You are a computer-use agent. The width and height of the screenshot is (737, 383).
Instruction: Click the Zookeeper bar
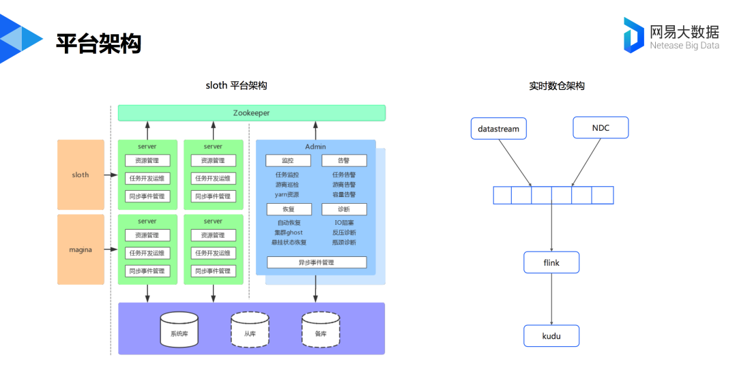[x=251, y=113]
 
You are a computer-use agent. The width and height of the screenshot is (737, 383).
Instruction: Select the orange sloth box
[x=81, y=174]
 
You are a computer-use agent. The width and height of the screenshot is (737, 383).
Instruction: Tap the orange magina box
[x=81, y=249]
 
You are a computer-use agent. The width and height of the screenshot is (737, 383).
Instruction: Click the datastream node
[x=499, y=129]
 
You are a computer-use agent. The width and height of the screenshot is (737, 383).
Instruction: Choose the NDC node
[x=601, y=127]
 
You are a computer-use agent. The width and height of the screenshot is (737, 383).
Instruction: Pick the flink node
[x=551, y=262]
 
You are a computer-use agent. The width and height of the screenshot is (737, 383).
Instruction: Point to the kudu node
[x=551, y=336]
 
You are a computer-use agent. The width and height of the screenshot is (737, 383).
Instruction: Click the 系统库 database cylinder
[x=179, y=329]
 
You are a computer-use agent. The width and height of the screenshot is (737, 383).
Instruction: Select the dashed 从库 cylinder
[x=250, y=329]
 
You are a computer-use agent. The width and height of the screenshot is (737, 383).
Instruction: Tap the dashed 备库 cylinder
[x=321, y=329]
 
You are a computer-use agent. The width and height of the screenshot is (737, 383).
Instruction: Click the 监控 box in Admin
[x=288, y=161]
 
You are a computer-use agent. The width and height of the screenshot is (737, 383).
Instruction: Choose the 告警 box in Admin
[x=344, y=161]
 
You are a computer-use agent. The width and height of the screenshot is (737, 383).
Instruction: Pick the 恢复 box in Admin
[x=289, y=209]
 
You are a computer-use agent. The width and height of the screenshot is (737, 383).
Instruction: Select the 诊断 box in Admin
[x=344, y=209]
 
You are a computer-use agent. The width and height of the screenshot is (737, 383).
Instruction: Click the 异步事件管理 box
[x=317, y=262]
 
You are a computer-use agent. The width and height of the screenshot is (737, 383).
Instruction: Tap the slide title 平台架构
[x=99, y=43]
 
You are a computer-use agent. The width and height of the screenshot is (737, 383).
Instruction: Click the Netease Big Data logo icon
[x=633, y=35]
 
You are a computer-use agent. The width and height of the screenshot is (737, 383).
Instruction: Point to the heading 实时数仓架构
[x=557, y=86]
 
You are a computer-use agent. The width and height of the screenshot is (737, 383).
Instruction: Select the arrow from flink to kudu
[x=551, y=299]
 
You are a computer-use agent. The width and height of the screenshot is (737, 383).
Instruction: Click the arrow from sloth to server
[x=111, y=175]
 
